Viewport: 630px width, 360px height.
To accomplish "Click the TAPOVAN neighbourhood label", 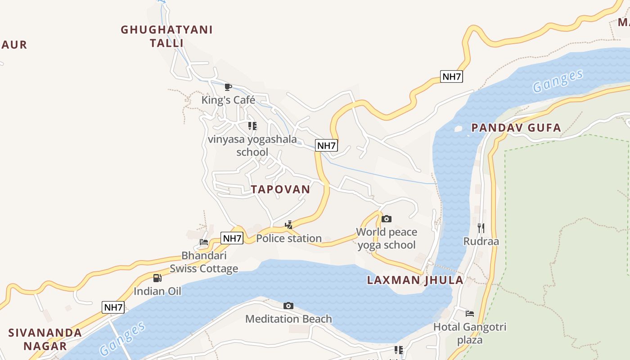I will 281,189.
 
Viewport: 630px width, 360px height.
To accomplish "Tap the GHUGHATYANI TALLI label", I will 166,36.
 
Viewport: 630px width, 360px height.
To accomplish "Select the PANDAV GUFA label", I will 516,128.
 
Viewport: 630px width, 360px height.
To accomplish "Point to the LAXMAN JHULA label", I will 415,280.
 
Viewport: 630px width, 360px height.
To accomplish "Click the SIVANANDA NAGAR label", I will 45,339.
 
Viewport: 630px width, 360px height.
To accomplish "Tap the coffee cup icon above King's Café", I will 228,87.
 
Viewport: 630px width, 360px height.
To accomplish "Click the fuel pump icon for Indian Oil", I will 157,278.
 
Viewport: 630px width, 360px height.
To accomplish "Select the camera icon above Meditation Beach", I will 288,306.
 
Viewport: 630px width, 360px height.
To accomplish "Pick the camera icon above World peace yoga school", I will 386,219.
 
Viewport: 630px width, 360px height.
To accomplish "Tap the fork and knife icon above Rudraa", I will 481,228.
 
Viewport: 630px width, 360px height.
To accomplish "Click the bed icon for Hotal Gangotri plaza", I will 470,314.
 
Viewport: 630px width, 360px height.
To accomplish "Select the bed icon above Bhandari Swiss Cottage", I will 204,242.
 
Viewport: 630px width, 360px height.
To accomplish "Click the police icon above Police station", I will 289,225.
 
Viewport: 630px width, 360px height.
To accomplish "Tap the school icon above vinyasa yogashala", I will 252,126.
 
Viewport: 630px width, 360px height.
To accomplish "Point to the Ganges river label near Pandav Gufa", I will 558,81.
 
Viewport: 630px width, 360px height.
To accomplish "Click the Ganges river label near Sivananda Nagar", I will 122,338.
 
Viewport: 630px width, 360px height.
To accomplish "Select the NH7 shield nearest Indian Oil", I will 113,307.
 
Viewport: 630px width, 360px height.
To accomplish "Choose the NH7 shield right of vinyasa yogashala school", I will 327,145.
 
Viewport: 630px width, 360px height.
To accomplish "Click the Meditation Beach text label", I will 288,319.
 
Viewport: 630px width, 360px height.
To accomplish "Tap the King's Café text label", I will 228,100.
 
